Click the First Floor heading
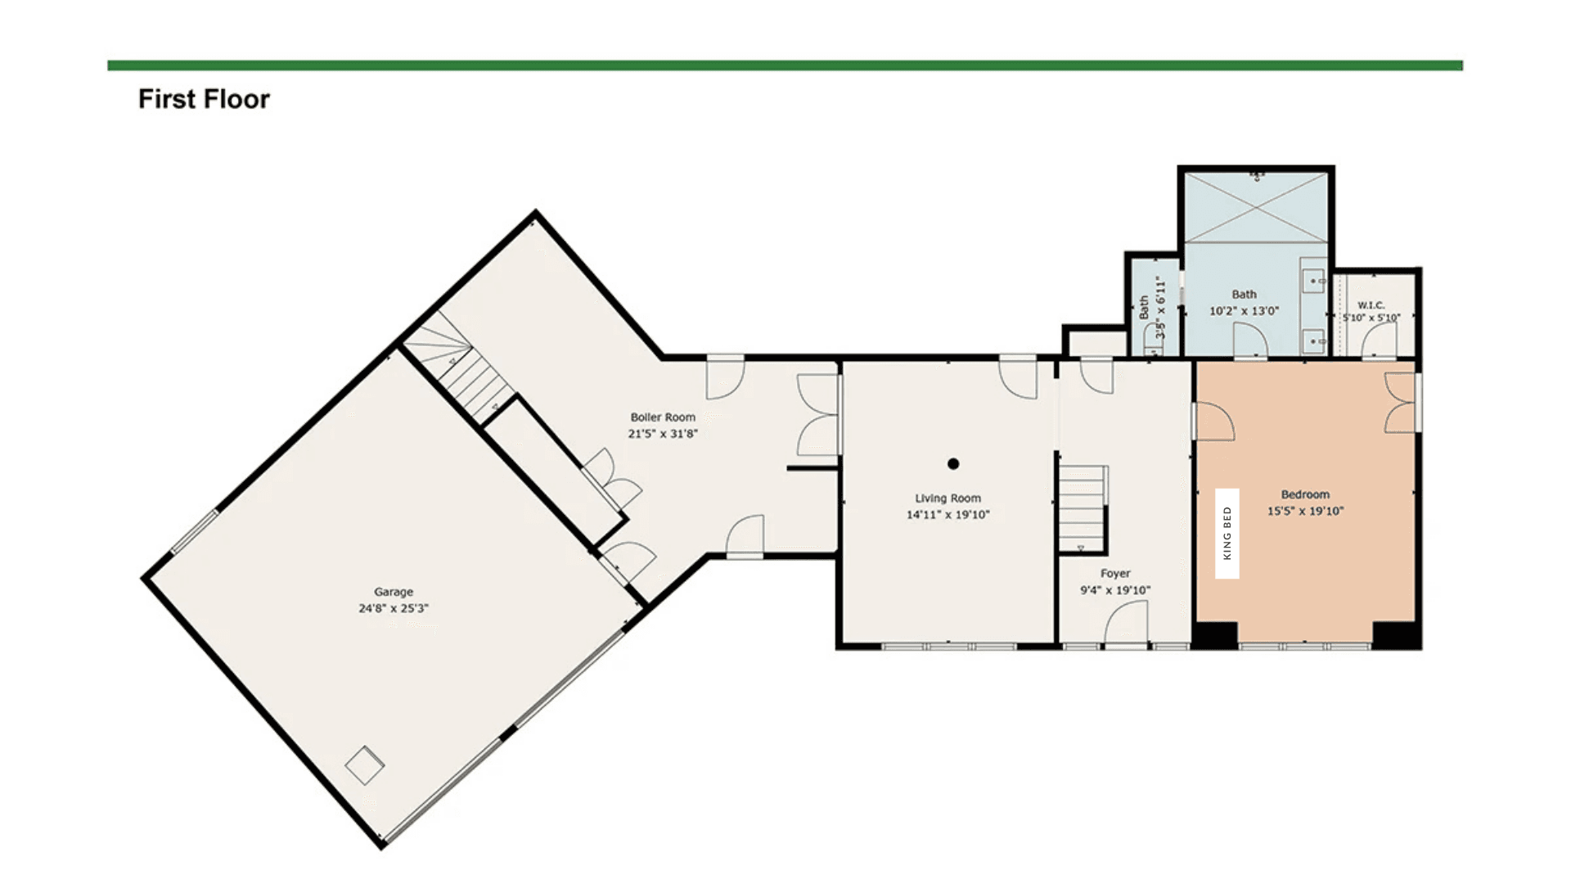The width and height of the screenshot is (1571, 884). (204, 99)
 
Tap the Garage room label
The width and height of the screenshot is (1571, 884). (394, 592)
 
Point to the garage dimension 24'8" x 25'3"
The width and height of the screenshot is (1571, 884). (394, 608)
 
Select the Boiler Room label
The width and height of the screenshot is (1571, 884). (663, 417)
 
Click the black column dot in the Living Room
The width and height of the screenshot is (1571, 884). (953, 464)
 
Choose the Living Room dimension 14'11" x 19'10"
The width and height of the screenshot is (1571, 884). (948, 515)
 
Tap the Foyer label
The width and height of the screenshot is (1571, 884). (1115, 574)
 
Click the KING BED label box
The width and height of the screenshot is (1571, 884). (1227, 534)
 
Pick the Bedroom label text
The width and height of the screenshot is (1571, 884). (1305, 494)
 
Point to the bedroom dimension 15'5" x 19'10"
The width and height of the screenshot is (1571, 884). (1305, 511)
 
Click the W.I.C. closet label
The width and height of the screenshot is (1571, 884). (1371, 305)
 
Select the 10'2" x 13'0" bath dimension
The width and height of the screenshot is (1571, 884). (1244, 311)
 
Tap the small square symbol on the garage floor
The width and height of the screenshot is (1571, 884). (365, 765)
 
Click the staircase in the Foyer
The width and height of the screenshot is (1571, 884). (1082, 507)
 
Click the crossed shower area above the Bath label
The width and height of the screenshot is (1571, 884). (1256, 207)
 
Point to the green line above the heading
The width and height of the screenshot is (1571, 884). (785, 65)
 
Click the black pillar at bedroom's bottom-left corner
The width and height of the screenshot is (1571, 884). (1214, 635)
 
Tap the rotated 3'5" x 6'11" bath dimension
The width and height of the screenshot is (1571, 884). (1159, 307)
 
